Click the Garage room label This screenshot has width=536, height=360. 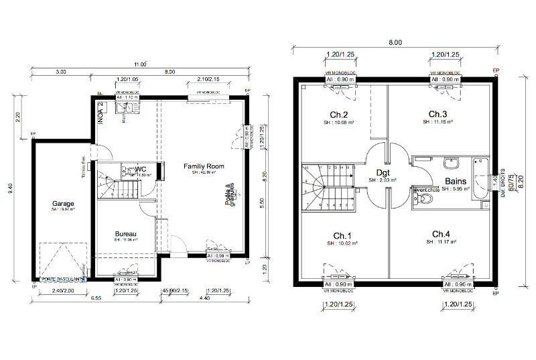[x=63, y=203]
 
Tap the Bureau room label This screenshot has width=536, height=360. [x=126, y=233]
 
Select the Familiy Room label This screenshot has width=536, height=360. [x=204, y=166]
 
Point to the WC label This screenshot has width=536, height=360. [x=141, y=169]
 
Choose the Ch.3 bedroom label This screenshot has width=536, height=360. [x=438, y=114]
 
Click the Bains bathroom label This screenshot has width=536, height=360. [x=455, y=180]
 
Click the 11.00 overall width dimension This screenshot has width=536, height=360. [x=139, y=64]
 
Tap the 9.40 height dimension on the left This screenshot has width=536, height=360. [x=9, y=193]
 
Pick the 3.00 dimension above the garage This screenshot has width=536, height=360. [x=61, y=72]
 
